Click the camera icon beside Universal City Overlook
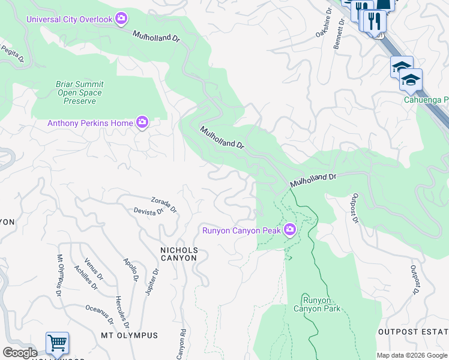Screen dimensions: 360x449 click(x=122, y=19)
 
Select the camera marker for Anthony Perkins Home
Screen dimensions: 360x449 click(x=142, y=123)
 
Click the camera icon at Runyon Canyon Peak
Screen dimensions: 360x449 click(x=290, y=230)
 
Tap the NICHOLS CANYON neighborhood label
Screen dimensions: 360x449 click(x=178, y=253)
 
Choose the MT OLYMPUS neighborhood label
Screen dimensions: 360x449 click(x=129, y=335)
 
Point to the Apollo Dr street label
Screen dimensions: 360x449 click(x=131, y=271)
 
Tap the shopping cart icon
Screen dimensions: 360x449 click(x=57, y=343)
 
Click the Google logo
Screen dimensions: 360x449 click(x=20, y=353)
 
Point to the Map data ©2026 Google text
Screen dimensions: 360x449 click(x=411, y=355)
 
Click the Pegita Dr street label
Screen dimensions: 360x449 click(x=12, y=52)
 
